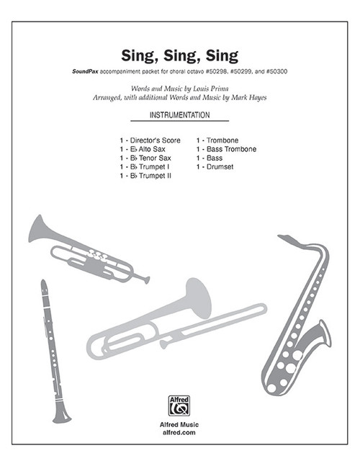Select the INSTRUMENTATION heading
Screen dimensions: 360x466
pyautogui.click(x=180, y=115)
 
